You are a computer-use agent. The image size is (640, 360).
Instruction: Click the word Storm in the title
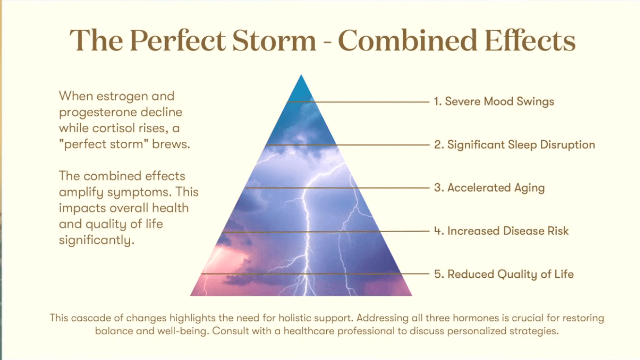[x=274, y=40]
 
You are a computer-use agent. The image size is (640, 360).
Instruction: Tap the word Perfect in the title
[x=178, y=40]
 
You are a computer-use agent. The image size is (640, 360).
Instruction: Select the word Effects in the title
[x=530, y=40]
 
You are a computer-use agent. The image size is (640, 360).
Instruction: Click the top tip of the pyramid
[x=301, y=75]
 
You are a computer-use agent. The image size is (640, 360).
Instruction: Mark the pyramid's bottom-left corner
[x=191, y=296]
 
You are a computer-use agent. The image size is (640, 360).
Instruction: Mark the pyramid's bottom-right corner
[x=412, y=296]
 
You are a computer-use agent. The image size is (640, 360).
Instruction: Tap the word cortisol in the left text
[x=113, y=128]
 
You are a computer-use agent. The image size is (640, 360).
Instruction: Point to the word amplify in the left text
[x=81, y=193]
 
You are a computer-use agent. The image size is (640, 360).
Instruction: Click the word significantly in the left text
[x=96, y=240]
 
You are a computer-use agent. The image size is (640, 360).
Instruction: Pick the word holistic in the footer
[x=293, y=318]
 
